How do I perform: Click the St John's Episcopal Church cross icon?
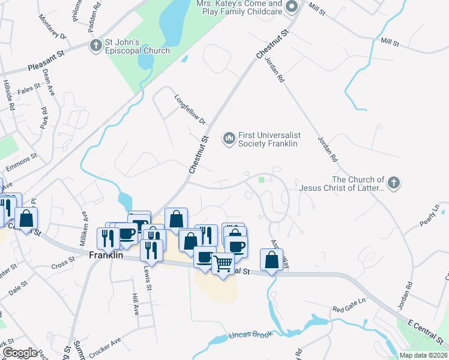[x=95, y=45]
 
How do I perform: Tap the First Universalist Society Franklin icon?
[x=228, y=139]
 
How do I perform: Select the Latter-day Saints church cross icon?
[x=393, y=183]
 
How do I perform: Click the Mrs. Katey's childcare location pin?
[x=292, y=7]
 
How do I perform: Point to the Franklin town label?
[x=106, y=255]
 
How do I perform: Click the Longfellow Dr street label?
[x=190, y=110]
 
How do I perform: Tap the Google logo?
[x=20, y=353]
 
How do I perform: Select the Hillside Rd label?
[x=8, y=95]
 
